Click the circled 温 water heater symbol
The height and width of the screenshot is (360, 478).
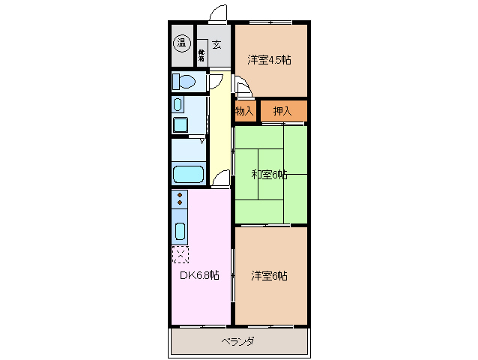(181, 43)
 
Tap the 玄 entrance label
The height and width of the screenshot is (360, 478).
(217, 45)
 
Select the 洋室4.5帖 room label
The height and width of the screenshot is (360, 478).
(269, 60)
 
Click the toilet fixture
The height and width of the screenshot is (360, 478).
(184, 82)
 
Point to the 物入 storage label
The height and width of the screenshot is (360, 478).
(244, 111)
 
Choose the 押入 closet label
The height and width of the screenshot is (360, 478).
(282, 111)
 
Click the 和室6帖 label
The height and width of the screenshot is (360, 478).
(269, 175)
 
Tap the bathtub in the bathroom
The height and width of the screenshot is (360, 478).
(188, 175)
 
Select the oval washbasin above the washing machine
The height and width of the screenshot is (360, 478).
(178, 104)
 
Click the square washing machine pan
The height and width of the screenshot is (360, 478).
(180, 124)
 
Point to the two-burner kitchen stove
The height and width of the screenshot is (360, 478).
(180, 199)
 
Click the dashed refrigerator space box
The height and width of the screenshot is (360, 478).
(180, 253)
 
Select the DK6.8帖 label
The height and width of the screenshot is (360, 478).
(199, 275)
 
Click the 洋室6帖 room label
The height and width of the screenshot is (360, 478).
(269, 275)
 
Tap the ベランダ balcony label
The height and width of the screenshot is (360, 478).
(238, 342)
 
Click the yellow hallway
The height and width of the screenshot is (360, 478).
(220, 127)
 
